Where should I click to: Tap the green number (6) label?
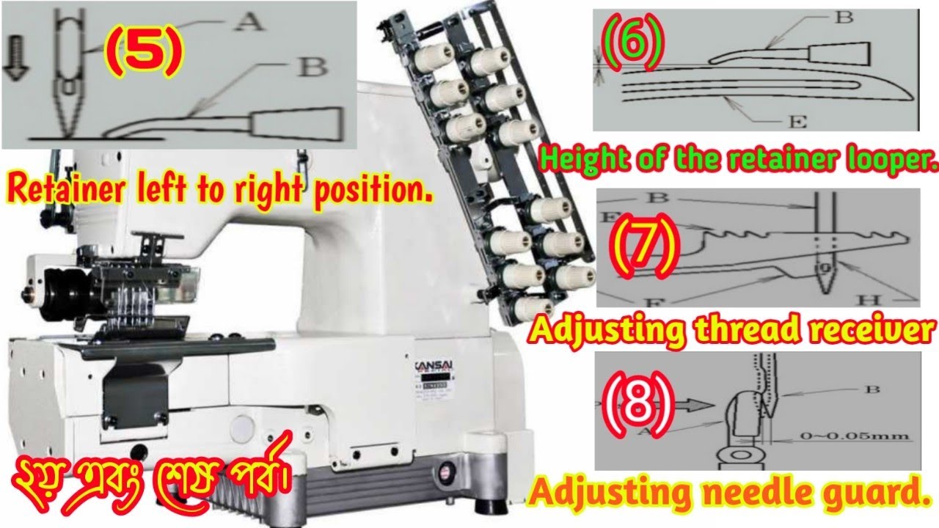pos(632,41)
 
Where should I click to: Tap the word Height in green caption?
pos(584,158)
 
